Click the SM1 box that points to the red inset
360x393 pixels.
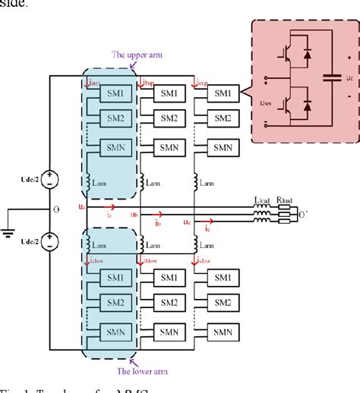tap(222, 93)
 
